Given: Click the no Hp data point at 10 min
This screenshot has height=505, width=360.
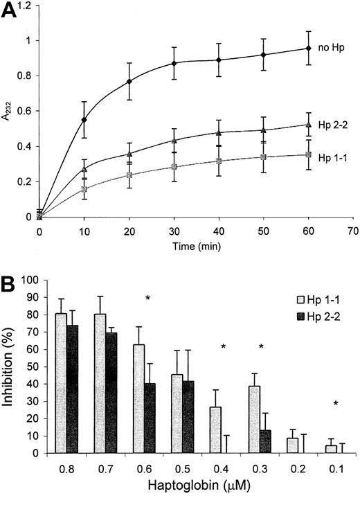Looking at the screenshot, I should click(84, 120).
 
